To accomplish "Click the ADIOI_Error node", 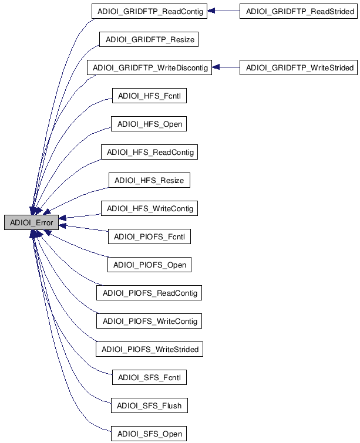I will click(x=31, y=223).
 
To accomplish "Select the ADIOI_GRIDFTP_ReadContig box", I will click(x=149, y=12).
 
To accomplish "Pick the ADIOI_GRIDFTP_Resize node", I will click(x=149, y=40).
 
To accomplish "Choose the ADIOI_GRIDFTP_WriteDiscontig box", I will click(x=149, y=68).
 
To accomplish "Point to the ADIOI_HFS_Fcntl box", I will click(x=149, y=96).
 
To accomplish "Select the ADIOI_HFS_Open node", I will click(x=149, y=124).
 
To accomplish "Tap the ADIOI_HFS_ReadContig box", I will click(x=149, y=153).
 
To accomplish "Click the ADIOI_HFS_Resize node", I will click(x=149, y=181).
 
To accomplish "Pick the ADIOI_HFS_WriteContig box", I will click(x=149, y=209).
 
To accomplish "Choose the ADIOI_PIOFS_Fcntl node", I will click(x=149, y=237).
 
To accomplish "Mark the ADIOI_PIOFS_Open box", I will click(x=149, y=265).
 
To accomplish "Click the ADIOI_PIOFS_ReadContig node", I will click(x=149, y=293).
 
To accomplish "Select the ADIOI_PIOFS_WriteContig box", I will click(x=149, y=321).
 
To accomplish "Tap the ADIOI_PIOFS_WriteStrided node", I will click(x=149, y=349).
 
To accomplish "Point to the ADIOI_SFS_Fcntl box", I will click(x=149, y=377).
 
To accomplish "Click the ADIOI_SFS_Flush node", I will click(x=149, y=405).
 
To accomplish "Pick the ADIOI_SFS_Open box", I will click(x=149, y=434).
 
